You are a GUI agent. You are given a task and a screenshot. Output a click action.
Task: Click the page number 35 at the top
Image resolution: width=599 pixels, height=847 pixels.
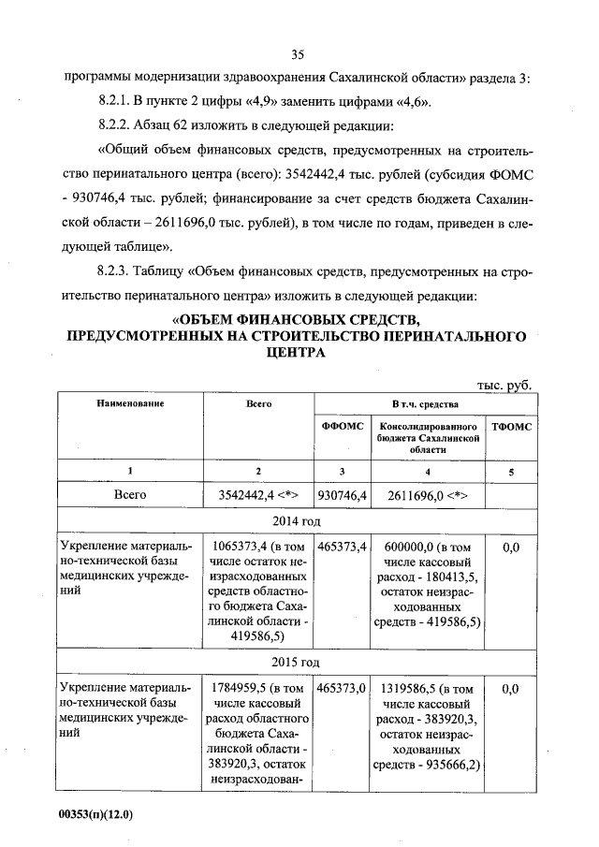coord(299,52)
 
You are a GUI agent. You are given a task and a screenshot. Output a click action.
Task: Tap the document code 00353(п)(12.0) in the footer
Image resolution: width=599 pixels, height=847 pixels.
coord(96,814)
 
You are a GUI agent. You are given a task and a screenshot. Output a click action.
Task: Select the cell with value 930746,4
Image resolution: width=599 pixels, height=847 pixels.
coord(342,493)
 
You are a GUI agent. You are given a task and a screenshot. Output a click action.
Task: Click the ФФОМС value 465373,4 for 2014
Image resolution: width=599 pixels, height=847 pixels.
coord(342,545)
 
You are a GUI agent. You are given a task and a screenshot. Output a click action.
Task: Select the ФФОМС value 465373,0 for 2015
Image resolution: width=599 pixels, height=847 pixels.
coord(342,688)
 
